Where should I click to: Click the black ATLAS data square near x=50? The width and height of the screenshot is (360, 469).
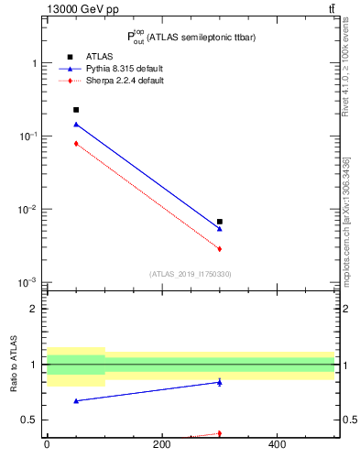[76, 110]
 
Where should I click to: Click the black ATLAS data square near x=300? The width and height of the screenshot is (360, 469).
[220, 222]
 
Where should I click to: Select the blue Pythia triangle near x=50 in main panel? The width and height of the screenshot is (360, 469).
[76, 125]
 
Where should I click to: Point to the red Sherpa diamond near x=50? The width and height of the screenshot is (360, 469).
[76, 144]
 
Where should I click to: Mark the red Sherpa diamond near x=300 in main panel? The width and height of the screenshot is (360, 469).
[220, 249]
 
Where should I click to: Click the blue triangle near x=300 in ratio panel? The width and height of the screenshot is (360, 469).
[220, 382]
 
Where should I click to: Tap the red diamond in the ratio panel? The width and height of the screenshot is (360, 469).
[220, 433]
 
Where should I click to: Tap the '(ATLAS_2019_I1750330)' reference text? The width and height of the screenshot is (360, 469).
[190, 274]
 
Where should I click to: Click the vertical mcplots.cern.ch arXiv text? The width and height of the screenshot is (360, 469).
[347, 229]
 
